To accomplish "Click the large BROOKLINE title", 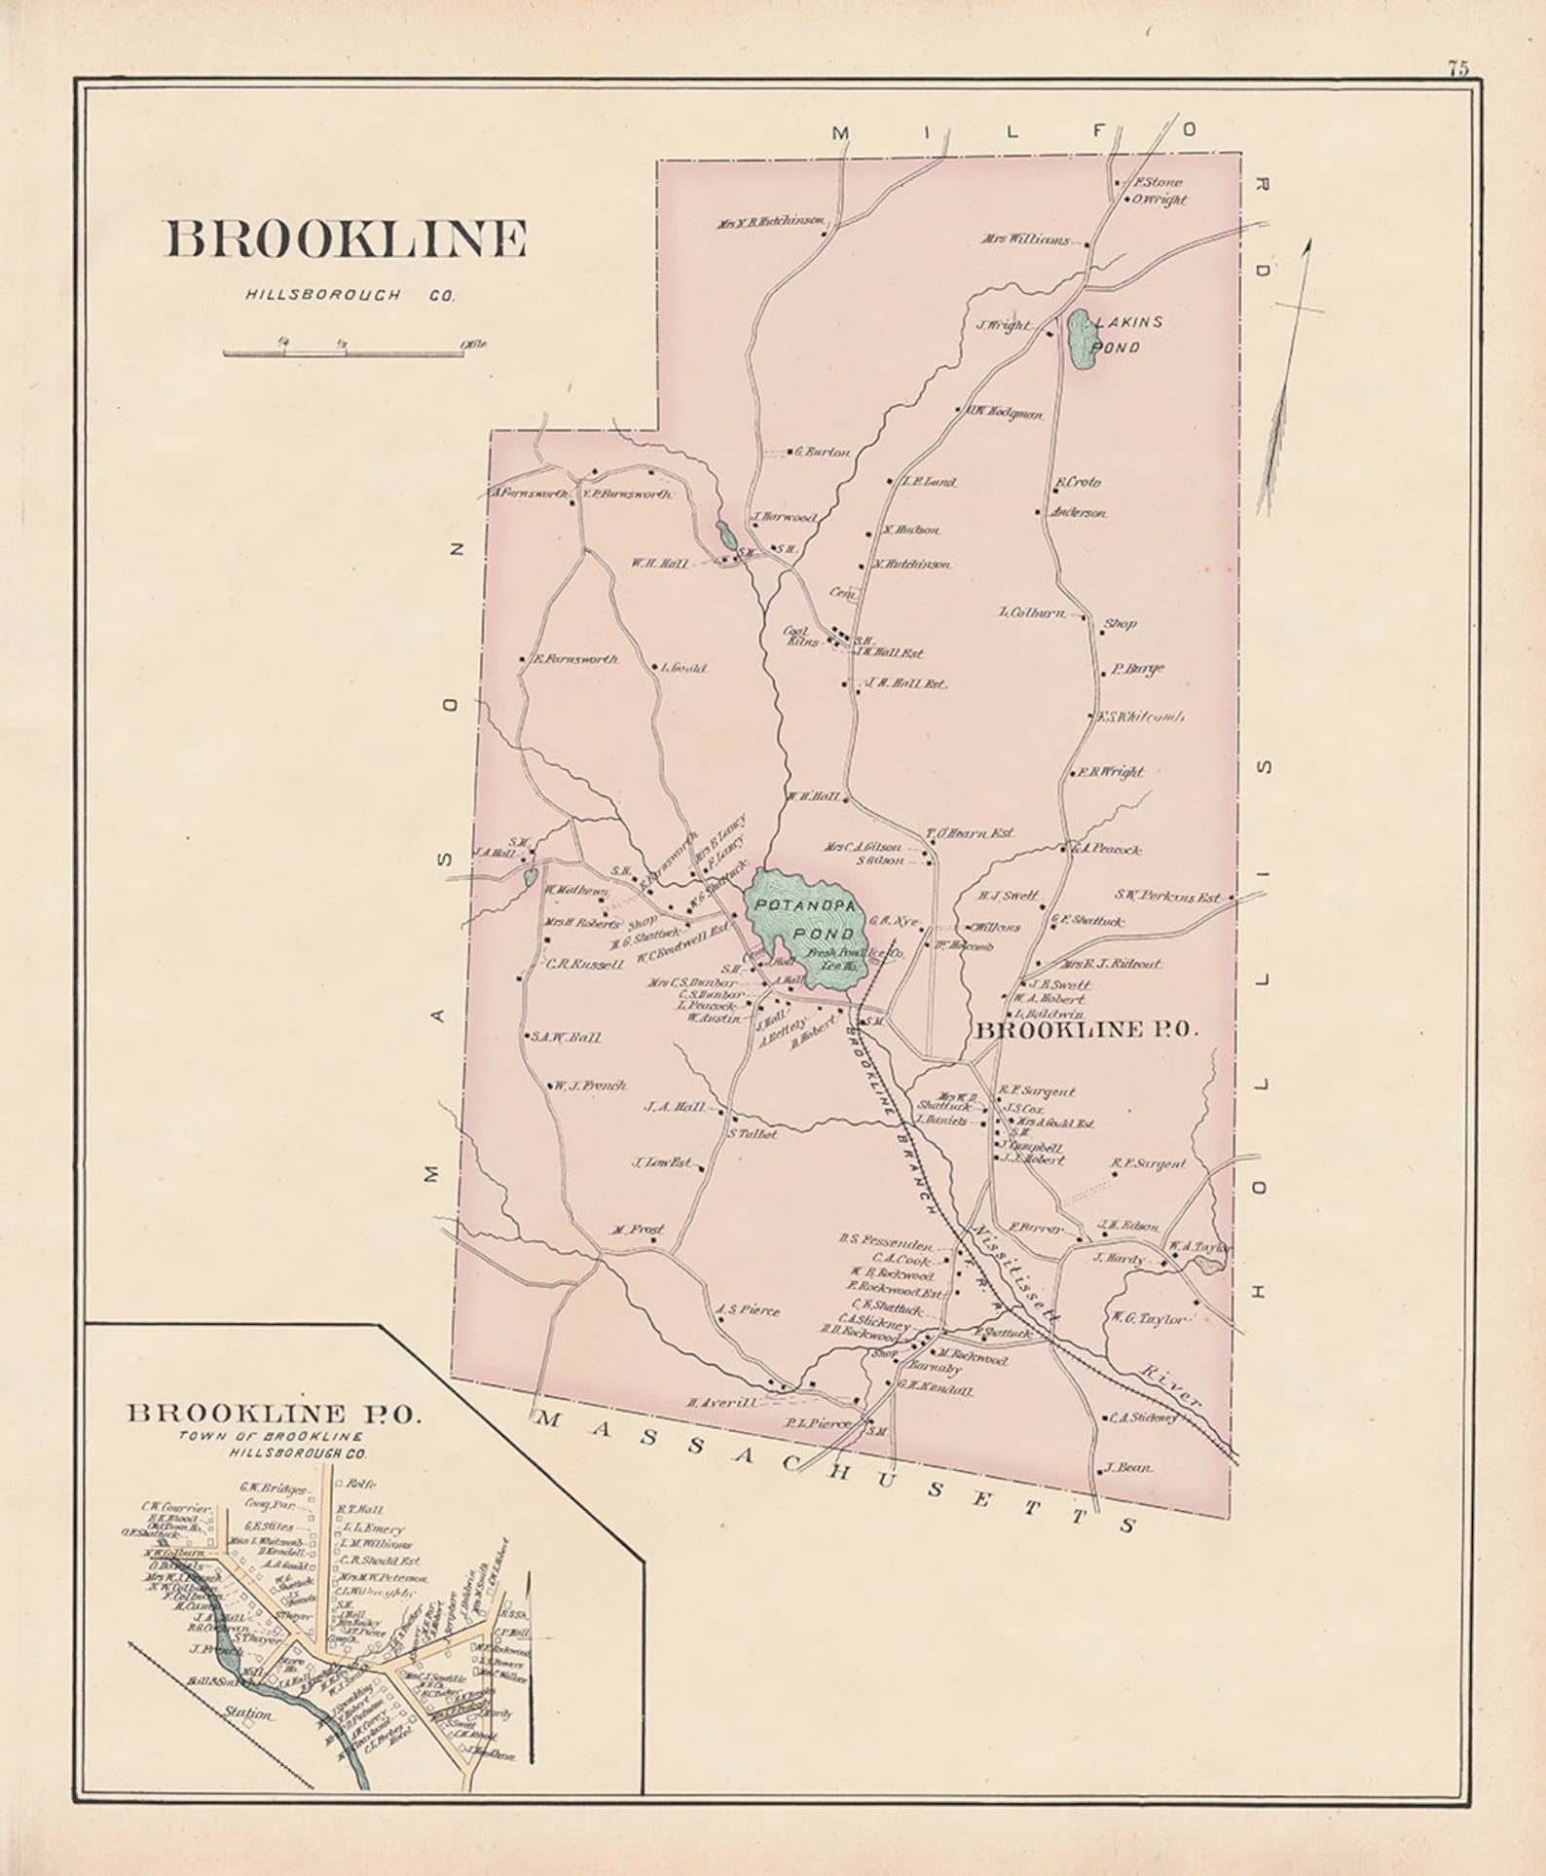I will tap(346, 239).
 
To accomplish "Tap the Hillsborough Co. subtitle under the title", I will tap(350, 296).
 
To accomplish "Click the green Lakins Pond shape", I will tap(1080, 339).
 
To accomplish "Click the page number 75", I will tap(1457, 68).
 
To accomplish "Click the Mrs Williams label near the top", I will tap(1025, 239).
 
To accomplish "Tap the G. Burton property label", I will tap(824, 452).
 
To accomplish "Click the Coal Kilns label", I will tap(799, 636).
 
